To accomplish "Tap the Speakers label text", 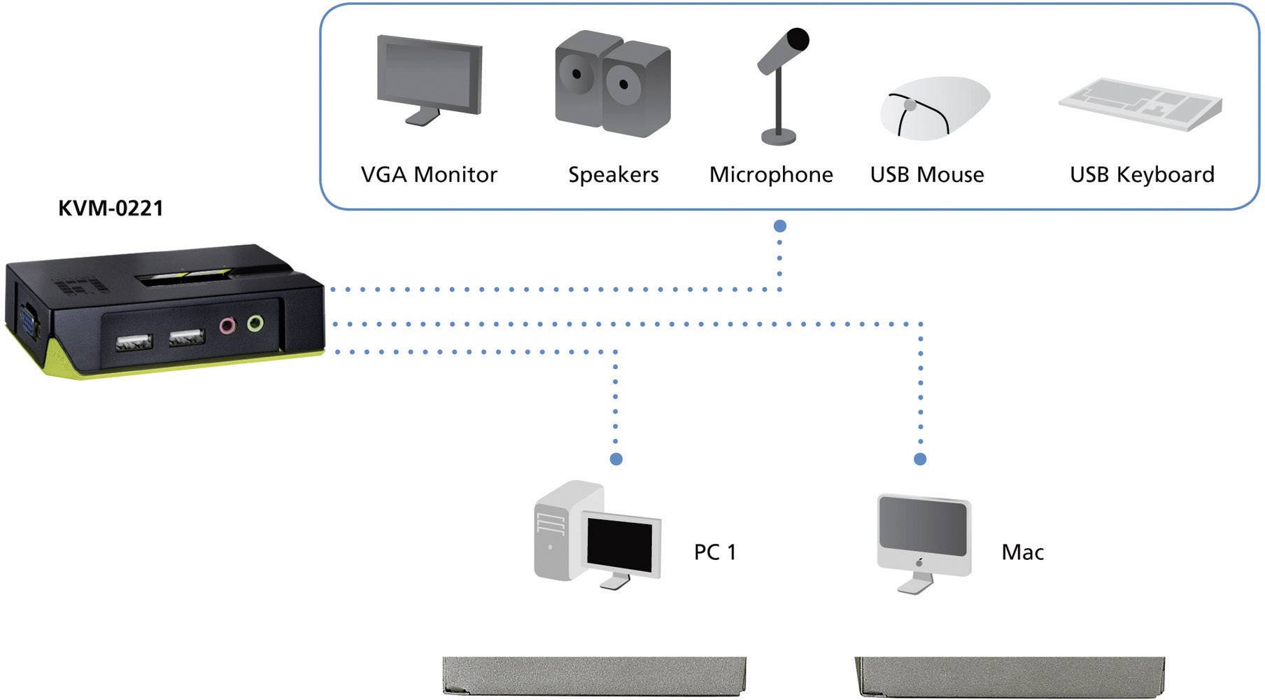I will tap(613, 174).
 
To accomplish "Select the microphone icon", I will tap(782, 84).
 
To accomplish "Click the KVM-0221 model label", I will tap(111, 208).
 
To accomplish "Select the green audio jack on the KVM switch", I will tap(255, 323).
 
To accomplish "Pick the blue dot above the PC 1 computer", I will tap(616, 459).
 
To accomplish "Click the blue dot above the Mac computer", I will tap(920, 459).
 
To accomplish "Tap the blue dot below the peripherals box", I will tap(779, 226).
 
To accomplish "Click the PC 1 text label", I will tap(715, 552).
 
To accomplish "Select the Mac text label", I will tap(1022, 552).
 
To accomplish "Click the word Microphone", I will tap(771, 174).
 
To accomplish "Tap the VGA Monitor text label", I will tap(429, 174).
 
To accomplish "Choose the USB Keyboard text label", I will tap(1142, 174).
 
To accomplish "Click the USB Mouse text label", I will tap(927, 174).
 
